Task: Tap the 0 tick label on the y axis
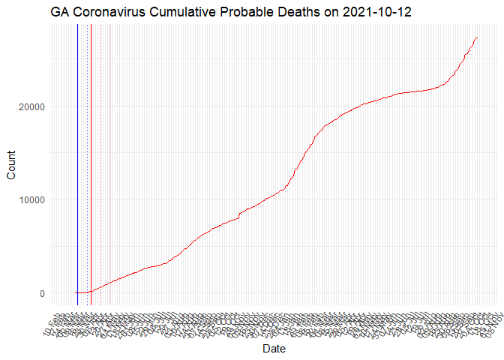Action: tap(43, 293)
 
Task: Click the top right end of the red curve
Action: tap(478, 38)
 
